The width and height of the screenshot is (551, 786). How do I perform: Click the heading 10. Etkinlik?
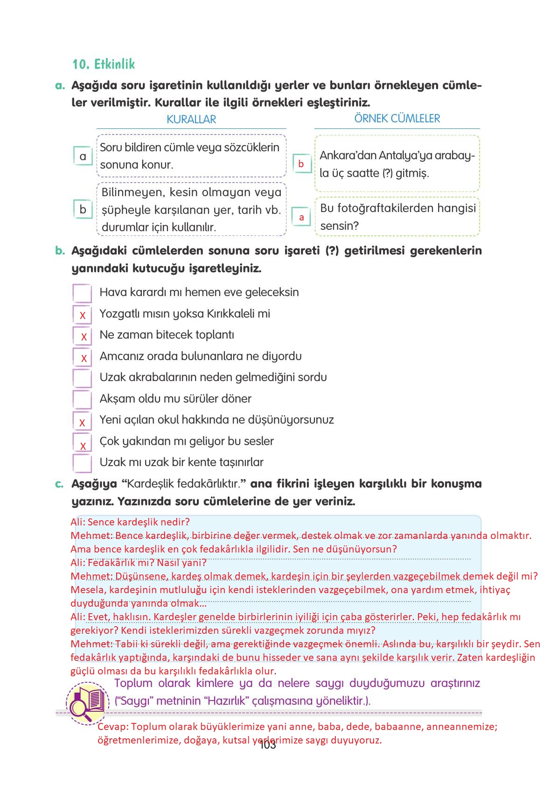[x=104, y=64]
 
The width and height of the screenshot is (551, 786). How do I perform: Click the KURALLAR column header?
[x=191, y=119]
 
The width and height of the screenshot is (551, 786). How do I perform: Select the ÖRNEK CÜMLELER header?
[x=397, y=118]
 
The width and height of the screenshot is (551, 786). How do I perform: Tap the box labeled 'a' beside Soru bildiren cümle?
[x=83, y=156]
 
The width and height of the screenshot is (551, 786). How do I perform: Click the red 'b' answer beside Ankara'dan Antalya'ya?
[x=301, y=164]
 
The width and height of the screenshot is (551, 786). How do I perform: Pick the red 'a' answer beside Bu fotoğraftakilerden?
[x=301, y=217]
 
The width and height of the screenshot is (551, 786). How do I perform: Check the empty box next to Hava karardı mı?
[x=82, y=293]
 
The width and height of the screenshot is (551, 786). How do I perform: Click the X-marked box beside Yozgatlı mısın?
[x=82, y=315]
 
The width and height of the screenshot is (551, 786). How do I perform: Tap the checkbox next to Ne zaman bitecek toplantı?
[x=83, y=336]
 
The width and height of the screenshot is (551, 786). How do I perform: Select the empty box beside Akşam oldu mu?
[x=82, y=400]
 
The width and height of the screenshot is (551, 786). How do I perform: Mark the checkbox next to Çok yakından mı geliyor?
[x=82, y=442]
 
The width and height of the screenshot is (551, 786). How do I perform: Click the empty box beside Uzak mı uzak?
[x=82, y=463]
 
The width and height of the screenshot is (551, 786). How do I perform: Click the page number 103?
[x=267, y=745]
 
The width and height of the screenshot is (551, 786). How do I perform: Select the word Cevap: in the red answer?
[x=112, y=727]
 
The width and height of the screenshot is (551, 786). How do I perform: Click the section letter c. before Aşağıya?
[x=59, y=484]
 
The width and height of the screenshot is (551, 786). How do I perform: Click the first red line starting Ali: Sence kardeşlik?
[x=130, y=522]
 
